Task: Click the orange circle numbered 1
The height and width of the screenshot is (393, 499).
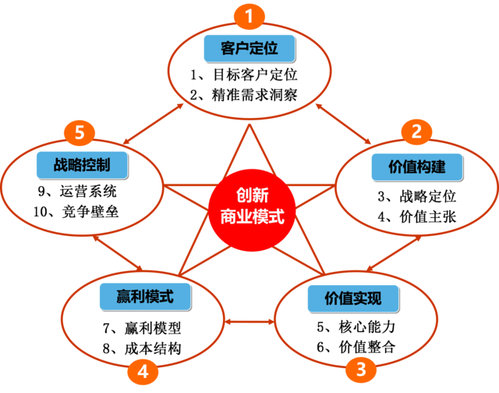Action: tap(249, 16)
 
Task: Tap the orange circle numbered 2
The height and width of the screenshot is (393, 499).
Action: tap(416, 131)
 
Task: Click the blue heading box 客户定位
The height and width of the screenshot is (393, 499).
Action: tap(249, 49)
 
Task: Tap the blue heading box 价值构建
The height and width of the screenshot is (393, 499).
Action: tap(417, 165)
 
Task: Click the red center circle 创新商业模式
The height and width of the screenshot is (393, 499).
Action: tap(249, 205)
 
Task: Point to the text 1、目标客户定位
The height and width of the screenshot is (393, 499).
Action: tap(245, 77)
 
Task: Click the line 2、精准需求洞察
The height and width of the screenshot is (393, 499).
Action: tap(245, 96)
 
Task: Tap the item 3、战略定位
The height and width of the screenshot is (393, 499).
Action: tap(417, 196)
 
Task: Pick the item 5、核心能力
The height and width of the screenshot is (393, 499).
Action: tap(360, 327)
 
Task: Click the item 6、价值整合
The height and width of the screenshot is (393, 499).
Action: tap(360, 347)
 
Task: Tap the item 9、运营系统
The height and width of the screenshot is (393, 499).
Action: tap(82, 191)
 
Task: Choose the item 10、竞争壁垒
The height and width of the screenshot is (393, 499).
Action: tap(82, 211)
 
